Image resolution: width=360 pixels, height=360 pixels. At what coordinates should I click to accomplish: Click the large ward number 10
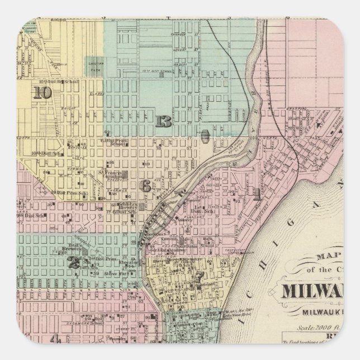tap(41, 93)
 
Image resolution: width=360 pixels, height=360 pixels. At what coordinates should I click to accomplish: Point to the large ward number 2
tap(74, 262)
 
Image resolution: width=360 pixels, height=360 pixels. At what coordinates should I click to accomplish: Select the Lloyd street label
tap(78, 158)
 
